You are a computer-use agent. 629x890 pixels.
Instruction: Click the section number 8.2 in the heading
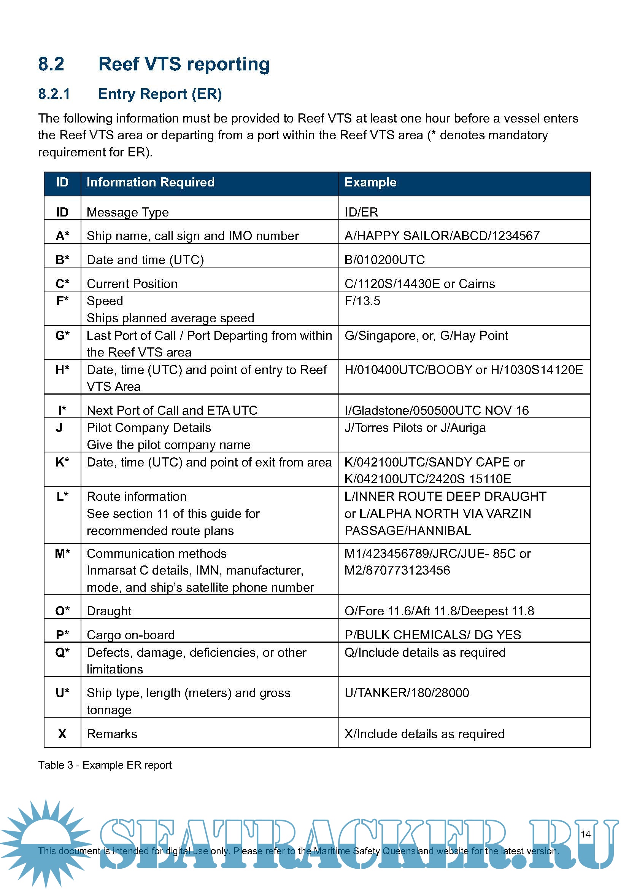51,64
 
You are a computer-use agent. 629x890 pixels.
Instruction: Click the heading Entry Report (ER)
160,94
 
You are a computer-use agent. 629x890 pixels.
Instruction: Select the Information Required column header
150,182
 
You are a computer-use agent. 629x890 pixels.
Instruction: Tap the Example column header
370,182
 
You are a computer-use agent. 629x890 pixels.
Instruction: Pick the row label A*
62,236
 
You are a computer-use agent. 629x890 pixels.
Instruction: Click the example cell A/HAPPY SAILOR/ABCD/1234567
442,236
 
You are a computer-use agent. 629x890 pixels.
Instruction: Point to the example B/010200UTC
384,260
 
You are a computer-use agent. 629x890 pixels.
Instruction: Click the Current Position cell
132,284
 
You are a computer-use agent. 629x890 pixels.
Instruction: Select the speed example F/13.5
362,301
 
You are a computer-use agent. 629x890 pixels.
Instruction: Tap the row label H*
62,370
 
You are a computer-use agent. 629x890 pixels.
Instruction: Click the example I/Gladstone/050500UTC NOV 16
437,411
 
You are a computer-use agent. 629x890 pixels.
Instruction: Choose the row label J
59,428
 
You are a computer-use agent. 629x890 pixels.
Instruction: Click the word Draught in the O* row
109,611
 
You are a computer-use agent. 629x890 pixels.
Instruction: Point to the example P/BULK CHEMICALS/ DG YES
433,635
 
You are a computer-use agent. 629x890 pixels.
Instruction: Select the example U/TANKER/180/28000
407,693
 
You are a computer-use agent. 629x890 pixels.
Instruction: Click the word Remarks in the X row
112,734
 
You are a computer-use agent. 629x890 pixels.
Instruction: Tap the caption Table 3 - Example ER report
105,765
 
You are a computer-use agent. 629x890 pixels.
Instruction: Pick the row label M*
62,554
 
